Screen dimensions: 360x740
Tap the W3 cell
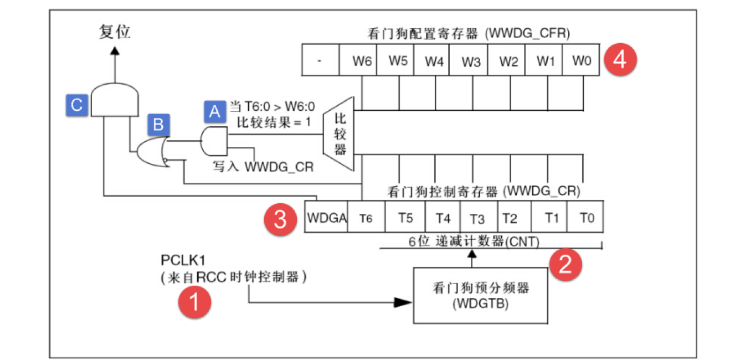tap(471, 60)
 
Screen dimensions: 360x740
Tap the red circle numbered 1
tap(194, 303)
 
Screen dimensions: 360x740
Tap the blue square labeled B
tap(158, 125)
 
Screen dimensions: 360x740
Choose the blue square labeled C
tap(76, 105)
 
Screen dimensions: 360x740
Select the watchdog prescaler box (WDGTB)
tap(480, 296)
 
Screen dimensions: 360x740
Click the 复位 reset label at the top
tap(115, 32)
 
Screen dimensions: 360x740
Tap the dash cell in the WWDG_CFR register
tap(320, 60)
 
